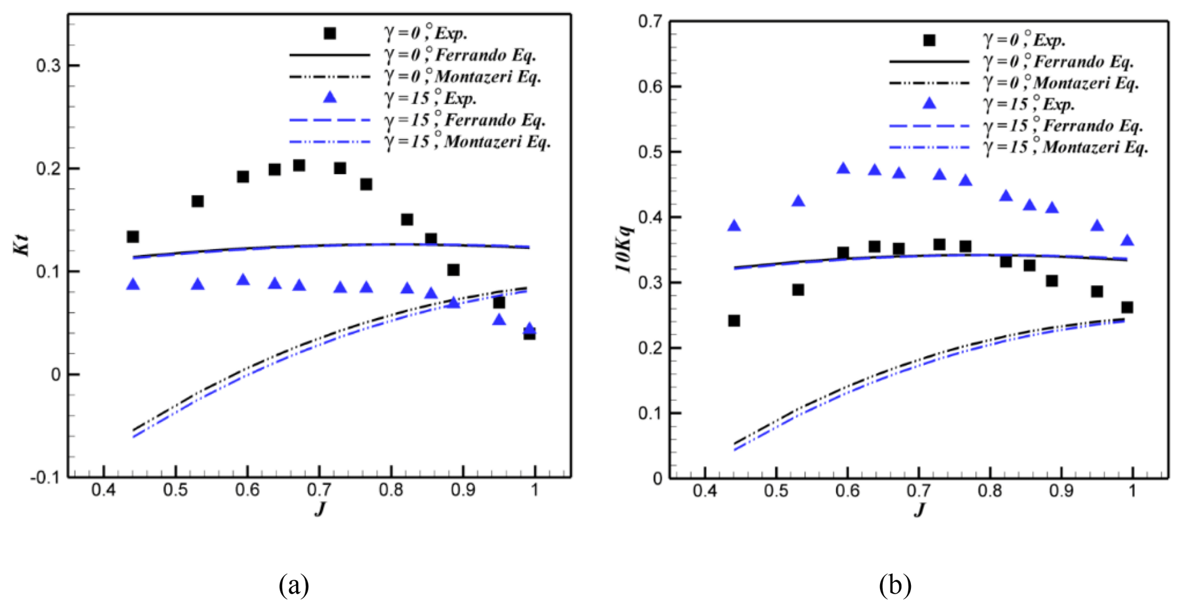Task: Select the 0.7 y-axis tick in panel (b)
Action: coord(650,22)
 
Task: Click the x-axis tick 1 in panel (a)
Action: coord(535,491)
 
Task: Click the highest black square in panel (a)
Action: coord(299,165)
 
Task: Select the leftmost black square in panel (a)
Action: coord(133,236)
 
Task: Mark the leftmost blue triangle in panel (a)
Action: coord(133,284)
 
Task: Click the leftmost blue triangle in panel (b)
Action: coord(734,226)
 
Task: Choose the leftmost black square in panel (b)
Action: coord(734,320)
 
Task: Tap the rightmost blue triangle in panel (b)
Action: coord(1127,240)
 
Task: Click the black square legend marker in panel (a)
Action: coord(330,33)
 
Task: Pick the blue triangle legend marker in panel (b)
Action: coord(930,104)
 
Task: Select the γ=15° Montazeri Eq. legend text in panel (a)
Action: coord(468,141)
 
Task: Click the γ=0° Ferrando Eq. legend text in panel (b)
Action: coord(1058,61)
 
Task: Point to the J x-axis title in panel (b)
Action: coord(919,509)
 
